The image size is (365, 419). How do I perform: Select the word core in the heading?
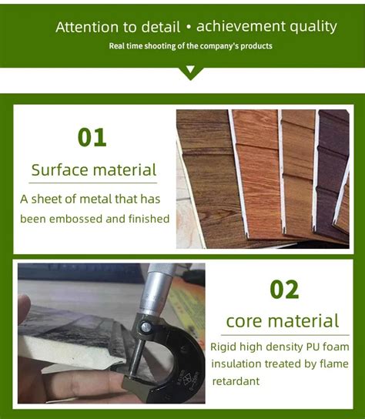click(x=245, y=320)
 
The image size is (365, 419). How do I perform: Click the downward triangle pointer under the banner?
click(x=190, y=73)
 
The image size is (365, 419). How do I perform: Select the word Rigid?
click(x=225, y=347)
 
